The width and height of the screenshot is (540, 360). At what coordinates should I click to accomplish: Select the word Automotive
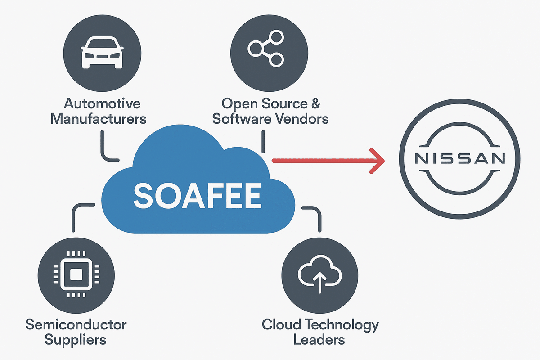[x=102, y=103]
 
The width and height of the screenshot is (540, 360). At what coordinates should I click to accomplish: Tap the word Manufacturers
[x=99, y=119]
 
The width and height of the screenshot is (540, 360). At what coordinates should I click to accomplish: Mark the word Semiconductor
[x=76, y=324]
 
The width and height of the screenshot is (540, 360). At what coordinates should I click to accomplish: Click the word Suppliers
[x=76, y=339]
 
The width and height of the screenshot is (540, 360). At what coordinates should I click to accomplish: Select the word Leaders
[x=319, y=339]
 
